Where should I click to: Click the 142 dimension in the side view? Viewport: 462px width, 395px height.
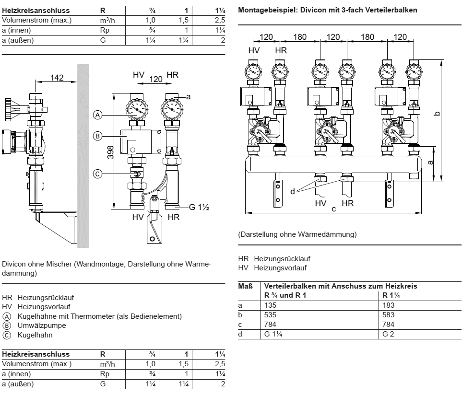pyautogui.click(x=57, y=78)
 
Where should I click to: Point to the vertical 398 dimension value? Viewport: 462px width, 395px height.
pyautogui.click(x=110, y=151)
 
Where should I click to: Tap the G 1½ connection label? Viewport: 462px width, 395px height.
pyautogui.click(x=198, y=208)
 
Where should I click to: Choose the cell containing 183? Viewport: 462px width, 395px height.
pyautogui.click(x=389, y=305)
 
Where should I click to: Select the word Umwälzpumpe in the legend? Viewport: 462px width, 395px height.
pyautogui.click(x=35, y=325)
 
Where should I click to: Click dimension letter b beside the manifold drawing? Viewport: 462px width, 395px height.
pyautogui.click(x=436, y=113)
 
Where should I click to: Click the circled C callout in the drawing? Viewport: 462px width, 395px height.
pyautogui.click(x=97, y=174)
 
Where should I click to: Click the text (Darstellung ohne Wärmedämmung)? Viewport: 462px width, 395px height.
pyautogui.click(x=297, y=234)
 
